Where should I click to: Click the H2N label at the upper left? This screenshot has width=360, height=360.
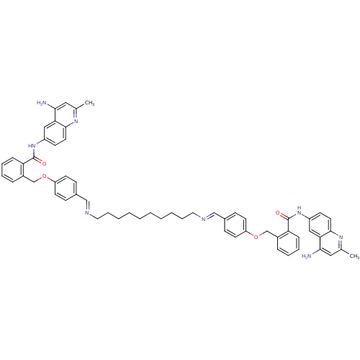(x=42, y=103)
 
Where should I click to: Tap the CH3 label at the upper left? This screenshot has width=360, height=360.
(x=89, y=103)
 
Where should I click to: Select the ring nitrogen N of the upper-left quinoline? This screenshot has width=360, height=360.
(x=76, y=121)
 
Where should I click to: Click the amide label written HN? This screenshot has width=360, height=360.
(x=32, y=145)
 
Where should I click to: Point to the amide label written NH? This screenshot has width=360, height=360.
(x=299, y=210)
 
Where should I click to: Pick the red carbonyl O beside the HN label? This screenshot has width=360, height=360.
(x=44, y=164)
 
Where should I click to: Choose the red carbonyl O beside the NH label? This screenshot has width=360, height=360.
(x=278, y=213)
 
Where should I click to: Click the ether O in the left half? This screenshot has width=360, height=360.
(x=44, y=176)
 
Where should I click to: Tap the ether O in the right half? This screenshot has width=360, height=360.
(x=256, y=237)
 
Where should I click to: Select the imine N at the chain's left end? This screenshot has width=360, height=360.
(x=87, y=213)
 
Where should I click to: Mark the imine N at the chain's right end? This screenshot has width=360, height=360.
(x=203, y=219)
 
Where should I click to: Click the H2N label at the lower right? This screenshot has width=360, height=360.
(x=307, y=256)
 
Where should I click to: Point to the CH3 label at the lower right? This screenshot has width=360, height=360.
(x=354, y=256)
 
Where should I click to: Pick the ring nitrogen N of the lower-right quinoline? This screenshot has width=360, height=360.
(x=341, y=238)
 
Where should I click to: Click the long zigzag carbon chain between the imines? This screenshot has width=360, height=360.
(x=145, y=215)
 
